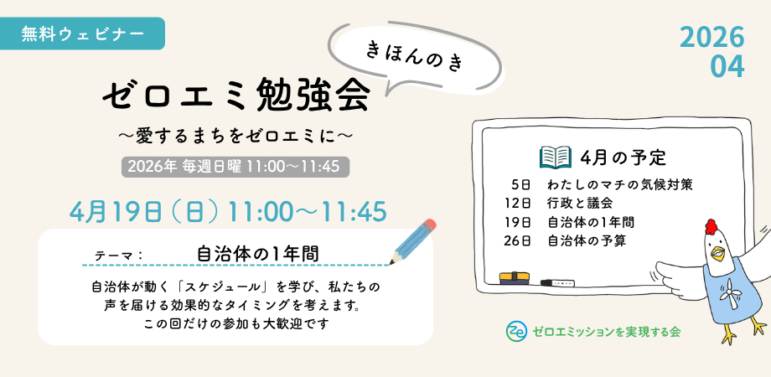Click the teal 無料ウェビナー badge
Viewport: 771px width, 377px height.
click(x=81, y=34)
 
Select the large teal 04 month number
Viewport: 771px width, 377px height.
click(x=727, y=67)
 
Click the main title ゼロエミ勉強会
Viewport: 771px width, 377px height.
click(x=236, y=96)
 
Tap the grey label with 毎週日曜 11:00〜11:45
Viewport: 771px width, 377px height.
click(x=235, y=167)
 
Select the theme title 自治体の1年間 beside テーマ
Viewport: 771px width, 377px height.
click(x=257, y=254)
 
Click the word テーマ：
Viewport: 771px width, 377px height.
click(x=118, y=256)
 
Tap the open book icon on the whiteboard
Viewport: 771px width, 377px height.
click(x=555, y=158)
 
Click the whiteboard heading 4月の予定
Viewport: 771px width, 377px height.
click(x=623, y=158)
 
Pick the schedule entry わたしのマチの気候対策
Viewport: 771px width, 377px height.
click(x=620, y=185)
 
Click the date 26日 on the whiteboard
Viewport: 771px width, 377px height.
click(x=518, y=241)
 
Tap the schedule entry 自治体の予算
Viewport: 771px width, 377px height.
click(x=587, y=241)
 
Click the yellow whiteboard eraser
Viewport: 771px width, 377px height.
click(x=515, y=277)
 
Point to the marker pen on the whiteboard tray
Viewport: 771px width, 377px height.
click(x=557, y=282)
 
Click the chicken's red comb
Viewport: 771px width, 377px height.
click(x=711, y=226)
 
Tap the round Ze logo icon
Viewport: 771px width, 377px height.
click(x=516, y=331)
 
